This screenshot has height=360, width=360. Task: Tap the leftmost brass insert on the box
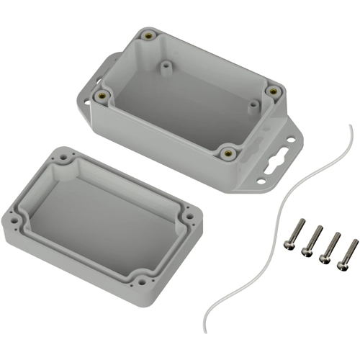tap(104, 94)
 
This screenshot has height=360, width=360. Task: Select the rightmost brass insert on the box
tap(273, 91)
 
